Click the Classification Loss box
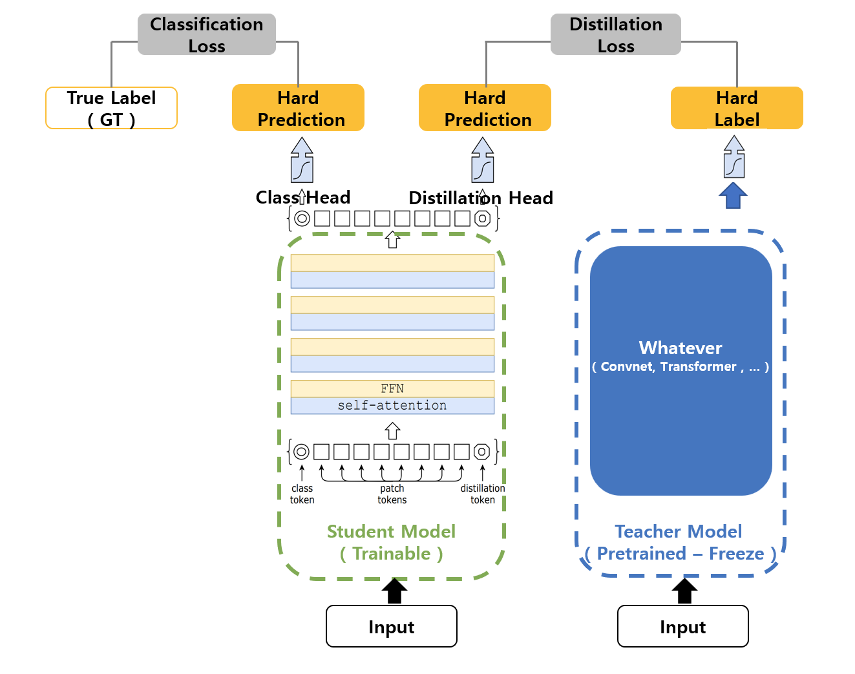pos(206,35)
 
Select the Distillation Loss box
pos(615,35)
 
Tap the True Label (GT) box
pos(111,109)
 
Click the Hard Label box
pos(737,109)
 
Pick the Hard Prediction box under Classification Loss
pos(298,109)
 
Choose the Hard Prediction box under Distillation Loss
pos(485,109)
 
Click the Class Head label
pos(303,197)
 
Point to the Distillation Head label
pos(481,198)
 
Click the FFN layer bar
pos(392,388)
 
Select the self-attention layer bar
pos(392,405)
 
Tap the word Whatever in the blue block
pos(681,348)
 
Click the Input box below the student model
pos(392,626)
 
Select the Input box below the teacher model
pos(683,626)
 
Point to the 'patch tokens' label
pos(392,494)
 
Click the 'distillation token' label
pos(483,494)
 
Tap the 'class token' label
pos(302,494)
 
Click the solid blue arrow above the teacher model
pos(733,195)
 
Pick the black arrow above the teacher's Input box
pos(684,591)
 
